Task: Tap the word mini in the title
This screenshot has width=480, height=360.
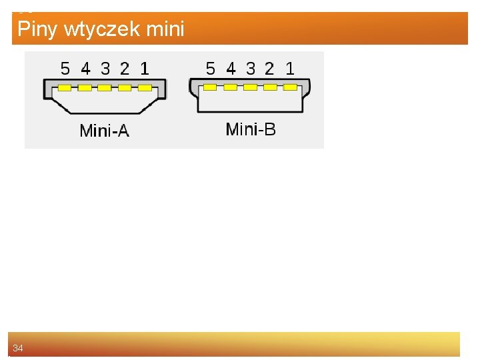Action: click(x=166, y=29)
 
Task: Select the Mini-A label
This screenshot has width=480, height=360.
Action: click(x=104, y=131)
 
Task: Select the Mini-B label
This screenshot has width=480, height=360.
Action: click(x=250, y=129)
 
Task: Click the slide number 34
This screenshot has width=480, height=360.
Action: click(x=18, y=348)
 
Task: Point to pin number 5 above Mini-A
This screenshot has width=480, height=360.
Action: click(x=65, y=69)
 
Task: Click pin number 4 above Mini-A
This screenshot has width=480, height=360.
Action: click(x=85, y=69)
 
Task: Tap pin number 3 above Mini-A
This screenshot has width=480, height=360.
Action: click(x=105, y=69)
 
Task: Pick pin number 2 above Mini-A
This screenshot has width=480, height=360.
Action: click(x=125, y=69)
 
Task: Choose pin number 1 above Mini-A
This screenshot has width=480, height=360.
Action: click(x=145, y=69)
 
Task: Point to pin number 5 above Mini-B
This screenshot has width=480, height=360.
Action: click(x=211, y=69)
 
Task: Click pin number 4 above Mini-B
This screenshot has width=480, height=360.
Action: click(x=231, y=69)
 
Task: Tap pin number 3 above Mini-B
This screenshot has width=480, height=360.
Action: click(x=251, y=69)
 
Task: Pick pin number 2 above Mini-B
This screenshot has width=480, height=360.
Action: click(x=269, y=69)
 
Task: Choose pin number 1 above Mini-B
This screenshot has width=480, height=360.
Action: click(x=289, y=69)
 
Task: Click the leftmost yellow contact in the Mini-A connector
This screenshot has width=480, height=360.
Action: click(x=65, y=88)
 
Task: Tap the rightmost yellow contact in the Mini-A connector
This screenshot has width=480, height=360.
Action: click(x=145, y=88)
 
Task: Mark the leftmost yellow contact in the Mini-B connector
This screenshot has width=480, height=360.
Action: click(x=210, y=87)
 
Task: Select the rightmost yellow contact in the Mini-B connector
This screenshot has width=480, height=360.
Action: click(x=290, y=87)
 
